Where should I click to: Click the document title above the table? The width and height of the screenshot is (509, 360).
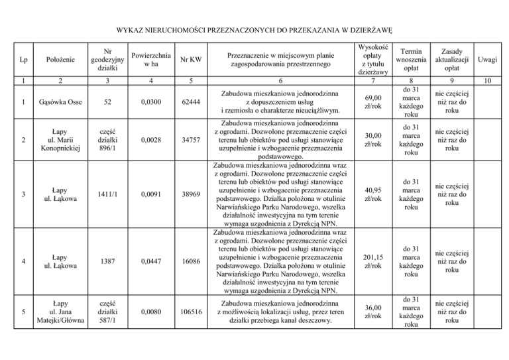pyautogui.click(x=254, y=30)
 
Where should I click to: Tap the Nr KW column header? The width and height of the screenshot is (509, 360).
pyautogui.click(x=190, y=61)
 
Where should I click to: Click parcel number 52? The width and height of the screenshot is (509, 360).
pyautogui.click(x=106, y=102)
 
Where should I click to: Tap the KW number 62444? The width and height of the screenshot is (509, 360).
pyautogui.click(x=191, y=102)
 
